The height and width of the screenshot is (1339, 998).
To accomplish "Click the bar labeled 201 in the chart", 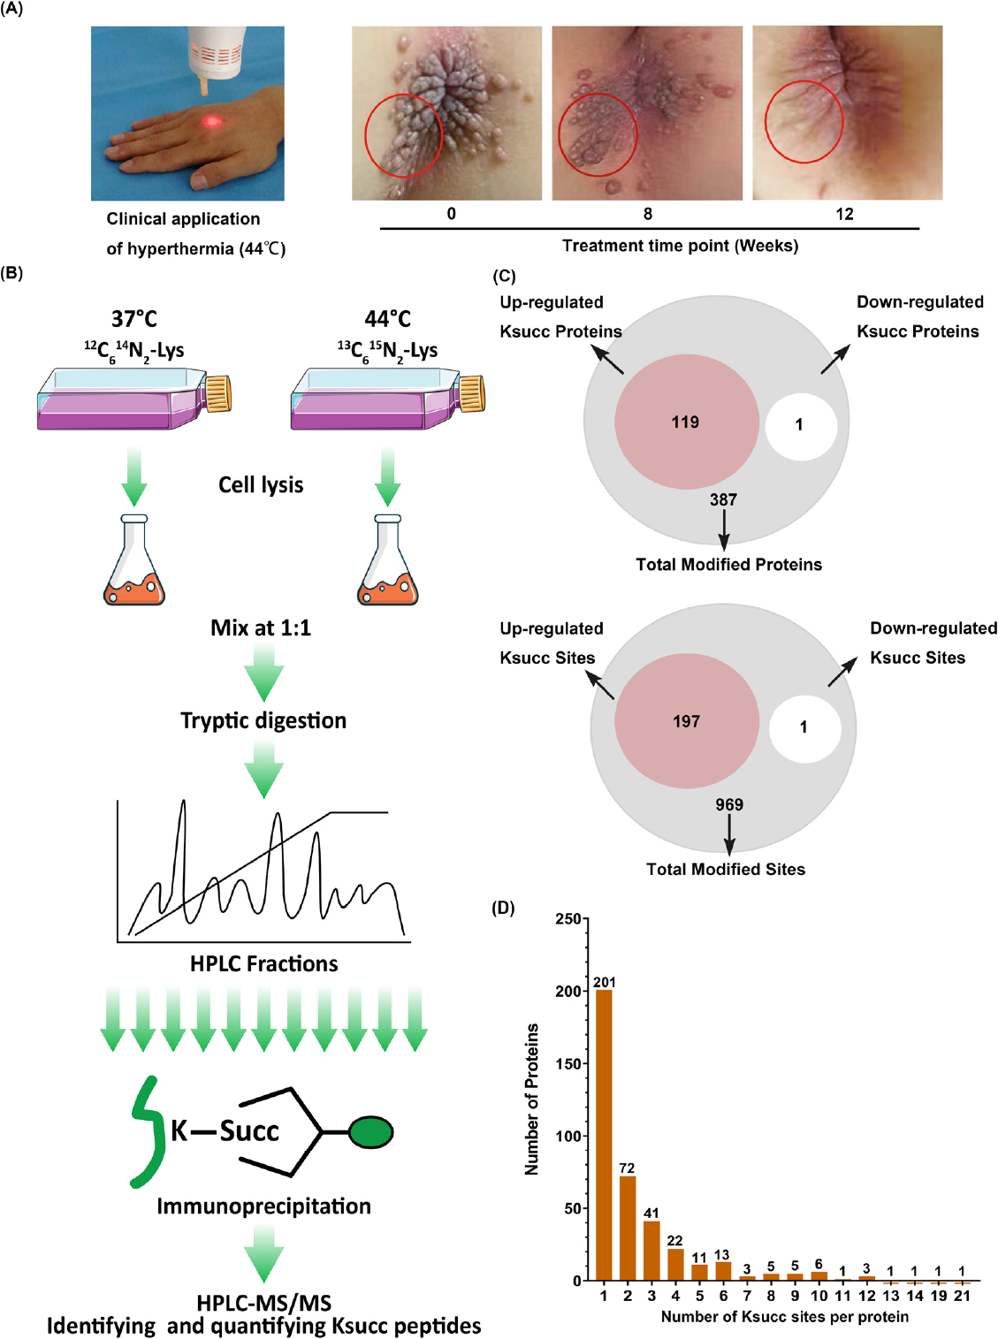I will (x=604, y=1135).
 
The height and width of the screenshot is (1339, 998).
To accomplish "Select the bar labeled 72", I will (x=628, y=1228).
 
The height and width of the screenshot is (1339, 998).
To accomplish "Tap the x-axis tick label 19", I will (x=939, y=1296).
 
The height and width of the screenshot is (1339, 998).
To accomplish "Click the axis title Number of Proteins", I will (x=531, y=1099).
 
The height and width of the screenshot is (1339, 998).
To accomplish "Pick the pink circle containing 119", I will (x=686, y=422).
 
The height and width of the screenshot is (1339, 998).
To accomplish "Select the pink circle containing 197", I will (x=686, y=721).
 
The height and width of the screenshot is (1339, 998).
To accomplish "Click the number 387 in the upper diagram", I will (x=723, y=500).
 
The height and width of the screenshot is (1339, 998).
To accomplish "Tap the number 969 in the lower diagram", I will (x=729, y=804).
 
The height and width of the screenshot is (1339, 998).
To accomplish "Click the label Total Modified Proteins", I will (x=728, y=565).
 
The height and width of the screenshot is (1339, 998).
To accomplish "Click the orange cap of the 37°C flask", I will (x=218, y=393).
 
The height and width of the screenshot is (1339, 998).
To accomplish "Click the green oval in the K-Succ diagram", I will (x=370, y=1132).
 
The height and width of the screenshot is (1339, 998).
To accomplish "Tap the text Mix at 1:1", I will (x=261, y=628).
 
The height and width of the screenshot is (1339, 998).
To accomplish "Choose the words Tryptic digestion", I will (x=263, y=720).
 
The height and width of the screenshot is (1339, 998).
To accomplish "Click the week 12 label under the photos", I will (x=844, y=214).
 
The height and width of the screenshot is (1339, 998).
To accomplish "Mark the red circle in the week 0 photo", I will (x=403, y=135).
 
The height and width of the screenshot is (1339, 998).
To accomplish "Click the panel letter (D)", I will (x=503, y=908).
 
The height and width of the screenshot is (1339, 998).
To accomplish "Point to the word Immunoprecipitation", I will (x=263, y=1206).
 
